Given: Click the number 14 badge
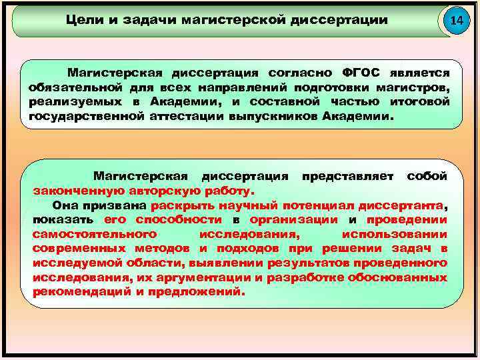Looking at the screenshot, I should point(456,21).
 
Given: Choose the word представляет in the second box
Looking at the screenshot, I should point(346,175).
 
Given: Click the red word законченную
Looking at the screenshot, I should point(71,190).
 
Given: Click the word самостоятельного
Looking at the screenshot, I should point(94,234).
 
